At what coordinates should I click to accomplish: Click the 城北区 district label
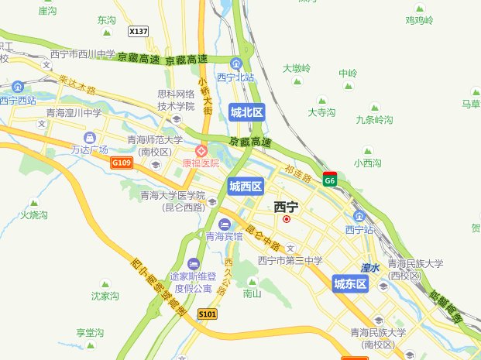pyautogui.click(x=247, y=112)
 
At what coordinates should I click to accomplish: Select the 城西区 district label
pyautogui.click(x=246, y=186)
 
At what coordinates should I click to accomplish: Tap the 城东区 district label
pyautogui.click(x=350, y=284)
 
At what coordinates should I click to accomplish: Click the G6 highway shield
pyautogui.click(x=330, y=180)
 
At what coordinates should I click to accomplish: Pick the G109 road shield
pyautogui.click(x=122, y=163)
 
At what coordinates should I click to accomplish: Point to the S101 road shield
pyautogui.click(x=207, y=314)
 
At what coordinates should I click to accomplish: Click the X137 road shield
pyautogui.click(x=138, y=31)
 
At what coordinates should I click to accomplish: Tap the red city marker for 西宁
pyautogui.click(x=287, y=219)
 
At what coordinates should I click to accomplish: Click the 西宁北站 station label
pyautogui.click(x=235, y=77)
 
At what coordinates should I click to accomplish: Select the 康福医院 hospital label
pyautogui.click(x=201, y=163)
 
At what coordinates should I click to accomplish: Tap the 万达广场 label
pyautogui.click(x=89, y=149)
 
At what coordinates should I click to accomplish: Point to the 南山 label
pyautogui.click(x=252, y=293)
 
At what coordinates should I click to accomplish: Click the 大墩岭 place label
pyautogui.click(x=297, y=68)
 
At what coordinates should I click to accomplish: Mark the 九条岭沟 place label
pyautogui.click(x=374, y=120)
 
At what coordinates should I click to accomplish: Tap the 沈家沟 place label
pyautogui.click(x=105, y=295)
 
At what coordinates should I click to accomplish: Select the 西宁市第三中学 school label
pyautogui.click(x=290, y=260)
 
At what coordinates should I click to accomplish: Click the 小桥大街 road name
pyautogui.click(x=205, y=96)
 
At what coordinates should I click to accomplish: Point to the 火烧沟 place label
pyautogui.click(x=34, y=214)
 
